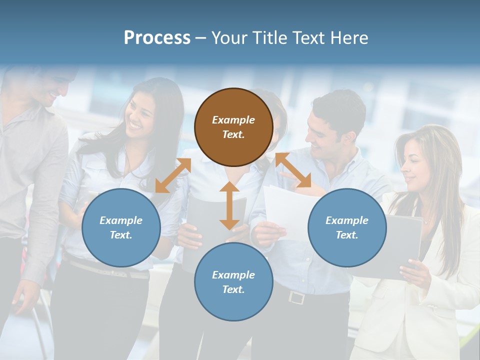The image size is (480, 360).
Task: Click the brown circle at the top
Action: point(233,127)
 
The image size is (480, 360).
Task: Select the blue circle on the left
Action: point(121,227)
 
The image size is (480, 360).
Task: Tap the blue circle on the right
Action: point(347,227)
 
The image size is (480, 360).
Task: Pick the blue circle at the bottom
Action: point(233,282)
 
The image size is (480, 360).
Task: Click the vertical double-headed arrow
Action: point(229,205)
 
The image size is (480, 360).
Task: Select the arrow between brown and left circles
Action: point(173,175)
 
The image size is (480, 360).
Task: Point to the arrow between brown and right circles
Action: point(293,170)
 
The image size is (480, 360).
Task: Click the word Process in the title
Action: point(157,37)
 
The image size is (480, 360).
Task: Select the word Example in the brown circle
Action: point(233,120)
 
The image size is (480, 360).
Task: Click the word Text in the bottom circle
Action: point(232,289)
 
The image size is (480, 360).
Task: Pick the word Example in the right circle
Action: point(347,220)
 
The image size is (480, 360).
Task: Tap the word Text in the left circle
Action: point(120,235)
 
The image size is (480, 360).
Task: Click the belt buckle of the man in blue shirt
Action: point(296,297)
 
